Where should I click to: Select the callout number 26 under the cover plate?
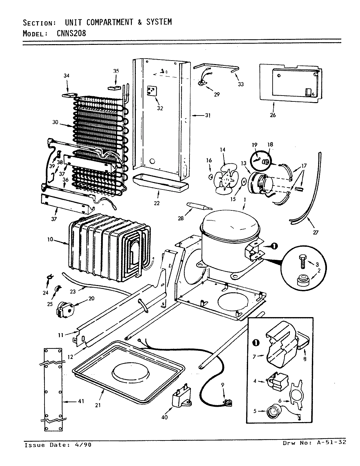pyautogui.click(x=273, y=115)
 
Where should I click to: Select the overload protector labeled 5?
pyautogui.click(x=271, y=411)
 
